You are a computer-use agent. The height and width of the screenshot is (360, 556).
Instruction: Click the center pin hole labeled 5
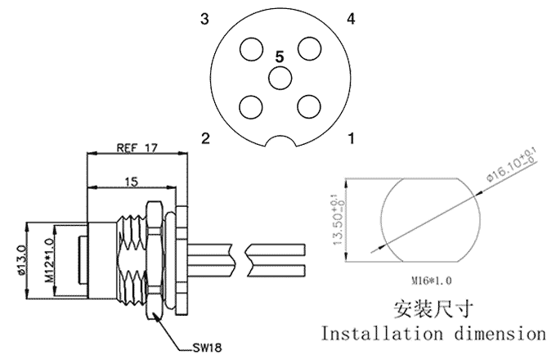280,78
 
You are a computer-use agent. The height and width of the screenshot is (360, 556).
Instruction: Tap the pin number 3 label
204,19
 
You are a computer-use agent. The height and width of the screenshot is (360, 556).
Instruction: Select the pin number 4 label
350,19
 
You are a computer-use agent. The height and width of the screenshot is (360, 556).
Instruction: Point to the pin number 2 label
205,138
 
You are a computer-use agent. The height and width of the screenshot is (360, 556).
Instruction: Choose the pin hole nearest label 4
309,48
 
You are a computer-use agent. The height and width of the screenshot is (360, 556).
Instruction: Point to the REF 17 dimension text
137,148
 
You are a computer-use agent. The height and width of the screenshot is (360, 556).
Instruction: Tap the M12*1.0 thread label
48,262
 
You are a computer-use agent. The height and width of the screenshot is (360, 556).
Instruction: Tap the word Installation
379,335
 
